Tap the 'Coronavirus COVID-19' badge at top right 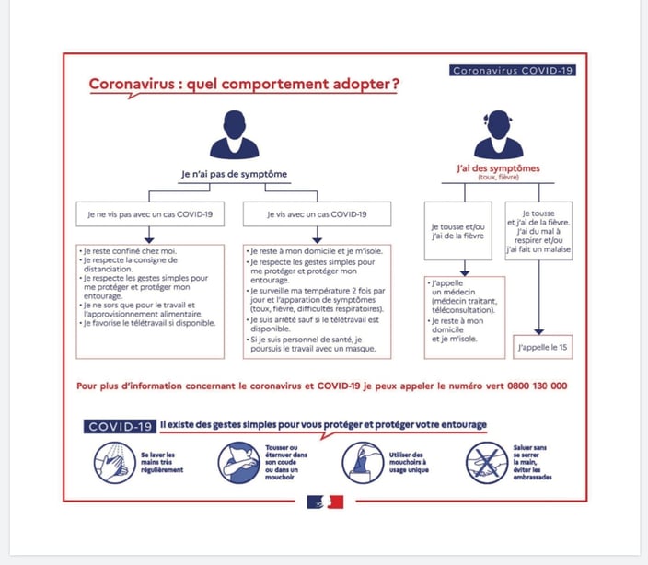click(x=513, y=70)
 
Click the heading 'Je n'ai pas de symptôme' click(x=233, y=174)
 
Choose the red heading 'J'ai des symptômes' click(x=498, y=168)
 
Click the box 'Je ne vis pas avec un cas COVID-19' click(x=150, y=214)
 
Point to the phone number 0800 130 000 click(x=537, y=386)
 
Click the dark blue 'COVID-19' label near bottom click(x=120, y=426)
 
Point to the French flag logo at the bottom click(x=324, y=502)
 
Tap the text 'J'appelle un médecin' click(x=450, y=291)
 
